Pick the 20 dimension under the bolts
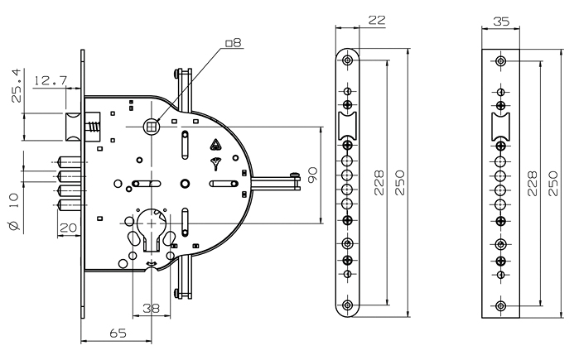[x=69, y=228]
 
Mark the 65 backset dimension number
[x=118, y=334]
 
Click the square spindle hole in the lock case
[x=151, y=127]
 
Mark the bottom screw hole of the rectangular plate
[x=500, y=307]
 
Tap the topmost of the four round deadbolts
[x=67, y=161]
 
